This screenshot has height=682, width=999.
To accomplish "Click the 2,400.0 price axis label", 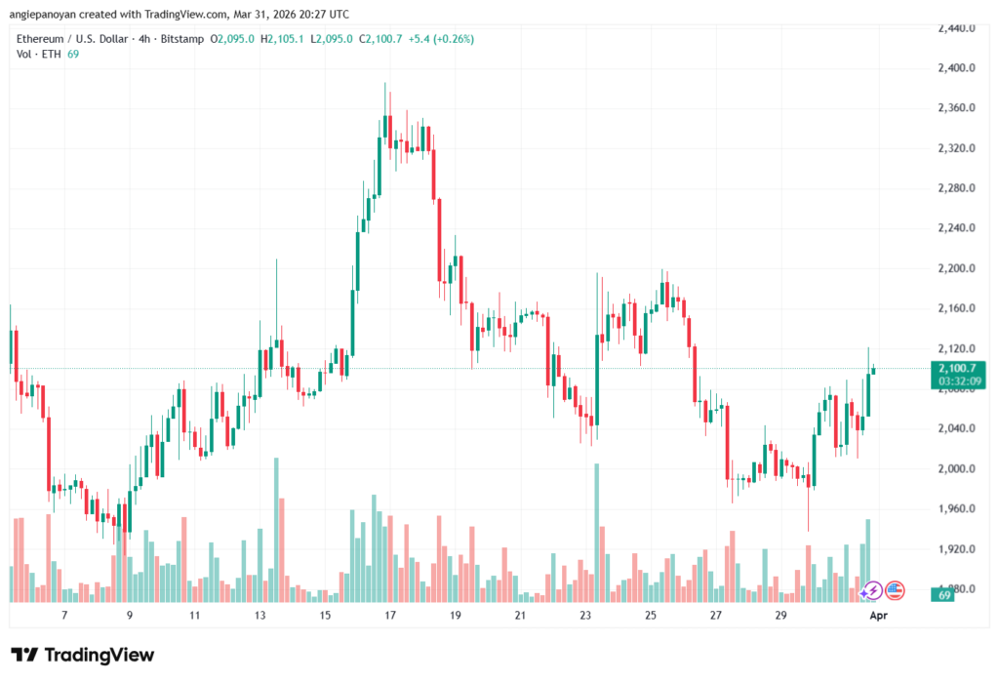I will (956, 68).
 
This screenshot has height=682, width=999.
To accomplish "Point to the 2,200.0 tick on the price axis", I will (956, 268).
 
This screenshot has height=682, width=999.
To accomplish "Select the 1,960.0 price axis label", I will (956, 508).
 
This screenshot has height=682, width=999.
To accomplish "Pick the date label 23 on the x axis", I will (585, 616).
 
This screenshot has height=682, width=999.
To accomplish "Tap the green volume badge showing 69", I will (943, 594).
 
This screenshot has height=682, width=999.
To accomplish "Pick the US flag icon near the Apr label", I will (895, 589).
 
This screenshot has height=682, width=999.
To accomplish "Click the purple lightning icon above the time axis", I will (871, 589).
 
